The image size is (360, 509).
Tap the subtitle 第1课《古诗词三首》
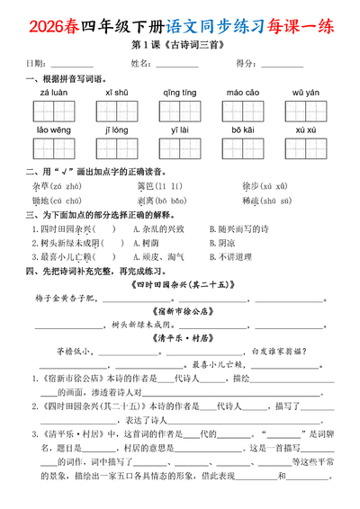[x=180, y=46]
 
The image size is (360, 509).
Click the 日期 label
[x=37, y=64]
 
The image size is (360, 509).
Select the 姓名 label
[x=141, y=64]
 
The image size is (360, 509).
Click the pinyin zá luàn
[x=52, y=93]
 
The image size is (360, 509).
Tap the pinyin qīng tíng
[x=178, y=93]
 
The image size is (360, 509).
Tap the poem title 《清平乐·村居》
[x=180, y=338]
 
